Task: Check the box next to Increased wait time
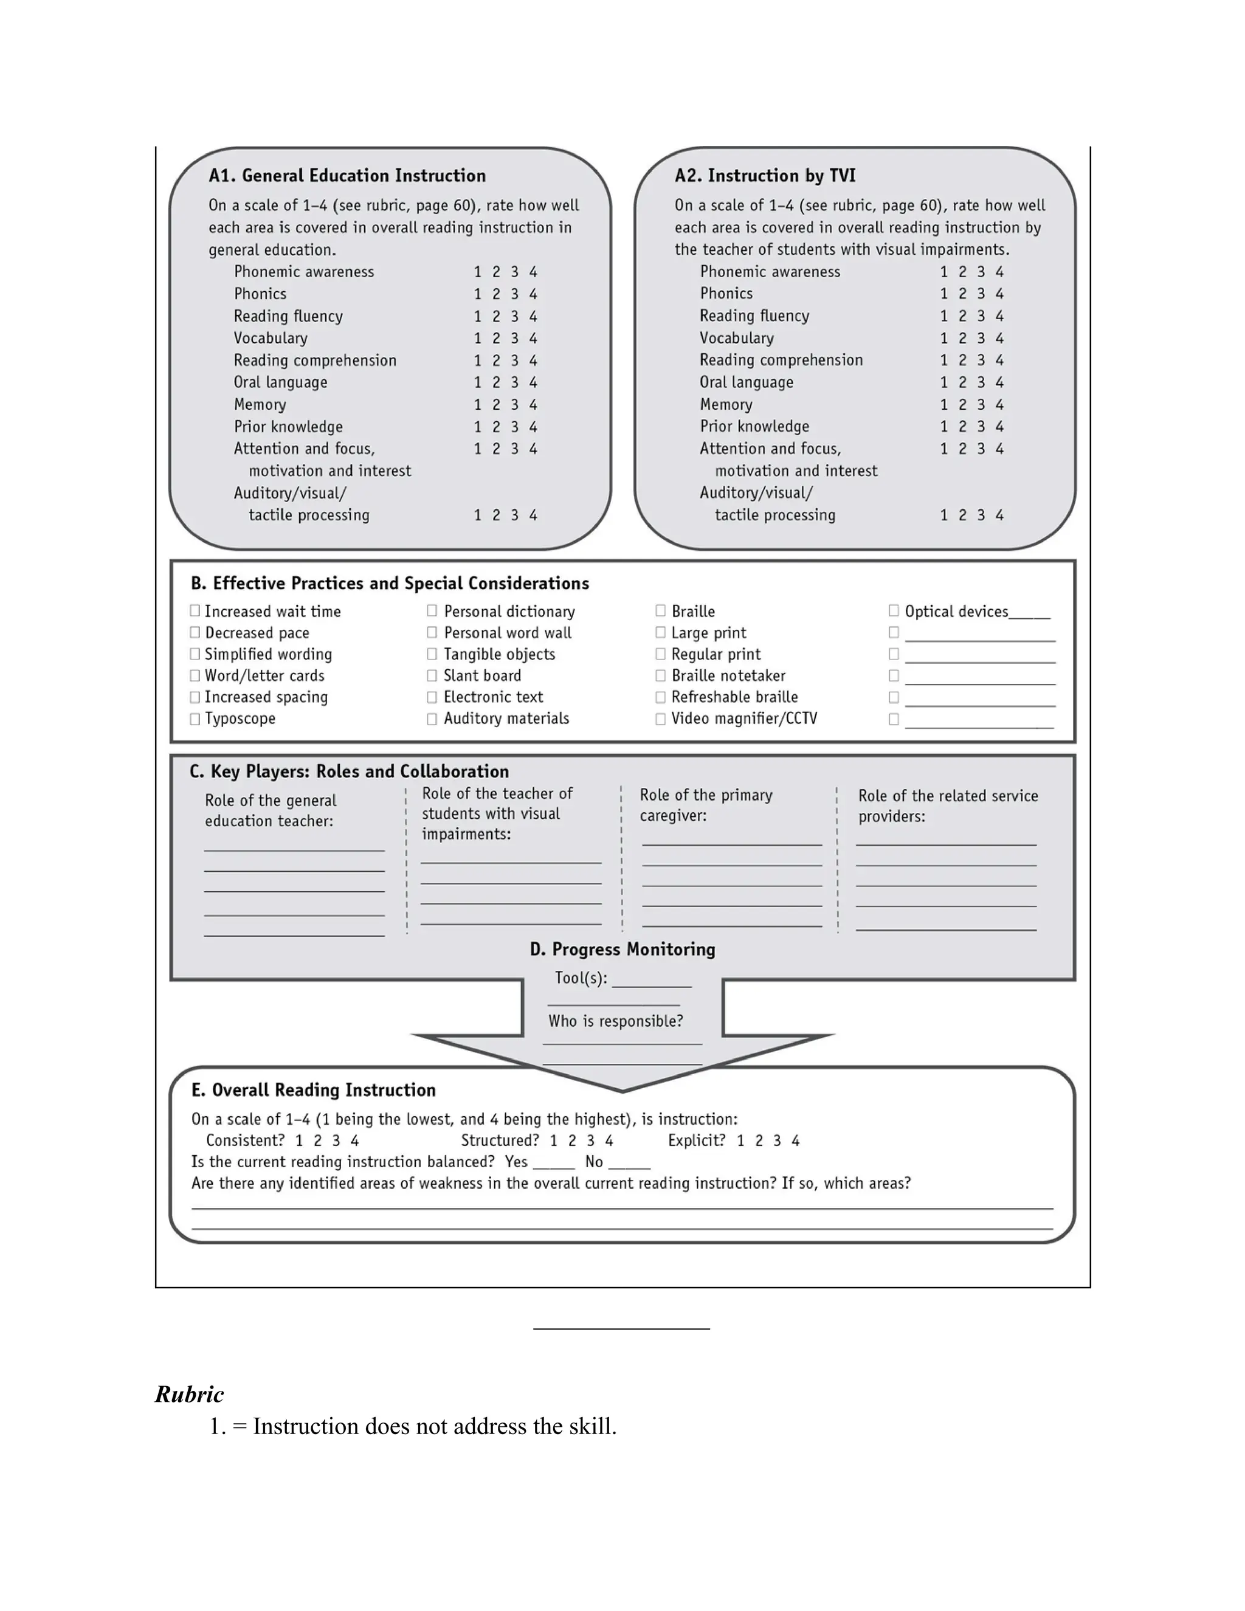(195, 611)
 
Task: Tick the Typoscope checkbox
(195, 719)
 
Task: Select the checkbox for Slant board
(432, 675)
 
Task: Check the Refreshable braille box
(660, 697)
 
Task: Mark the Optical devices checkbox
(894, 611)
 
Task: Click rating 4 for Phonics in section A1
(533, 294)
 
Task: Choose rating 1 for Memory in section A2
(944, 404)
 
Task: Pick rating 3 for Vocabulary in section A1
(515, 338)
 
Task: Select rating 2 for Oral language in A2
(962, 382)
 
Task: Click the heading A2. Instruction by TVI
(765, 176)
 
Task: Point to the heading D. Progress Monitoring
(622, 950)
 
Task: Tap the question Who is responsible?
(615, 1021)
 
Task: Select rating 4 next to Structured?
(609, 1140)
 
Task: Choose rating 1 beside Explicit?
(740, 1140)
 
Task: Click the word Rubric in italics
(190, 1394)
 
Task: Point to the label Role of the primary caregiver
(705, 805)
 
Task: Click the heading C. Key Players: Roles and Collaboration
(349, 771)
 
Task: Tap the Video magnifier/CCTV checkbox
(660, 719)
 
